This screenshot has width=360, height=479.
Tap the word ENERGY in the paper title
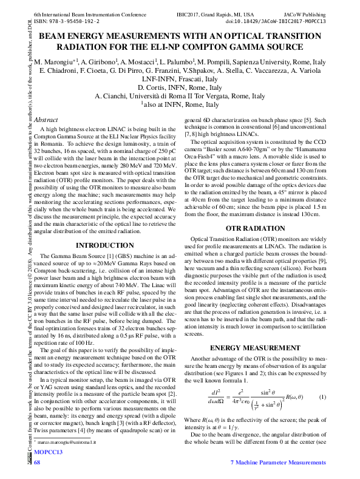83,36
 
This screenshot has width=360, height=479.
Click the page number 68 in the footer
37,463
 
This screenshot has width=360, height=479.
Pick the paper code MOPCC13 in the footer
49,452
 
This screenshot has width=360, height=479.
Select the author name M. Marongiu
53,63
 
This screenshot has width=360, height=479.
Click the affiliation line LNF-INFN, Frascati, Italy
180,79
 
